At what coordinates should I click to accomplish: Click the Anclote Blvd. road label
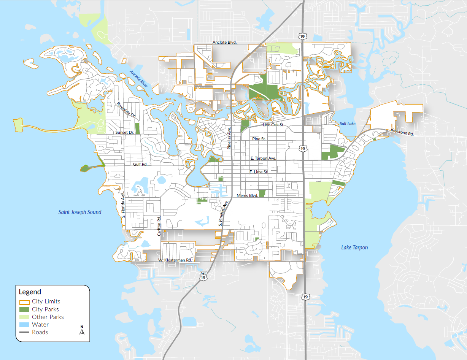[224, 43]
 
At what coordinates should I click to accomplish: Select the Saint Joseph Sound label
[80, 212]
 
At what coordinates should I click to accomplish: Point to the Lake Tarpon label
[354, 247]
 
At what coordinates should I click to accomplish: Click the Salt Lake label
[348, 124]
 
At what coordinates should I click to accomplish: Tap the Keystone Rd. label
[402, 132]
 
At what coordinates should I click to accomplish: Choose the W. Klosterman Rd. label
[175, 260]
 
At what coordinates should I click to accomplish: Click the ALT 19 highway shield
[203, 275]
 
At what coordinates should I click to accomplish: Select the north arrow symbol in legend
[81, 330]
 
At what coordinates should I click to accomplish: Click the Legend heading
[30, 292]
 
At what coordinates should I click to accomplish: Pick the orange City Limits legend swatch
[24, 301]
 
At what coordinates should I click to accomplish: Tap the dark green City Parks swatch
[24, 309]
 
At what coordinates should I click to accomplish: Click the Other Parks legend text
[48, 317]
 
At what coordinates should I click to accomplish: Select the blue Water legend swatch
[24, 325]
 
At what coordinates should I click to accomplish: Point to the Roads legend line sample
[24, 332]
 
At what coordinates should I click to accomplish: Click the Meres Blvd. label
[247, 195]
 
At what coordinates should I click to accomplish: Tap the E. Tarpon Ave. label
[263, 158]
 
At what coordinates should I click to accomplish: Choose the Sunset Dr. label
[125, 133]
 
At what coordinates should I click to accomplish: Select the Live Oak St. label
[273, 125]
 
